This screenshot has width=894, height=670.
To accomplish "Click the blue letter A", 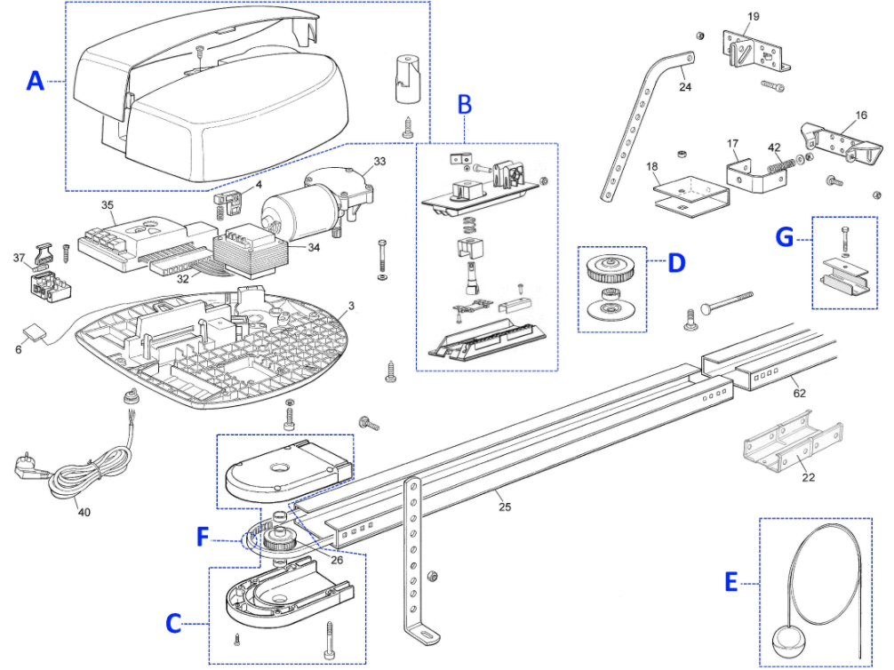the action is [x=36, y=81].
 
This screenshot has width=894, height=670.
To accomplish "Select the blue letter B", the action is [x=466, y=105].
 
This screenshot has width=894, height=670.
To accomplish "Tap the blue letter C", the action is [x=173, y=623].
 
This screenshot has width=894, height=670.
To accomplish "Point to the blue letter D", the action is [x=676, y=263].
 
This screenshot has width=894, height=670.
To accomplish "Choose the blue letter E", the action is [x=731, y=583].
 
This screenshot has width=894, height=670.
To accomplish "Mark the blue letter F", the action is [x=203, y=537].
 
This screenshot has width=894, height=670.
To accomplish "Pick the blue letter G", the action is [x=785, y=236].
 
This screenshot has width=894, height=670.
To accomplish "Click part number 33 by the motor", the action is [x=379, y=162].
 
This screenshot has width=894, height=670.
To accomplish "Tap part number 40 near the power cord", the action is [x=84, y=512].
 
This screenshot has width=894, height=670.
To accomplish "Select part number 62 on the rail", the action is [x=799, y=393].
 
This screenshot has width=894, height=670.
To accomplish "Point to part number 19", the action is [x=754, y=17].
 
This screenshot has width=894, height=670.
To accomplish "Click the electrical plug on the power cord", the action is [x=26, y=466].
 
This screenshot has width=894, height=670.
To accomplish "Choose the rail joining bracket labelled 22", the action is [x=794, y=443].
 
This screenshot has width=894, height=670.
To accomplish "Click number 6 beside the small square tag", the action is [x=19, y=349].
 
